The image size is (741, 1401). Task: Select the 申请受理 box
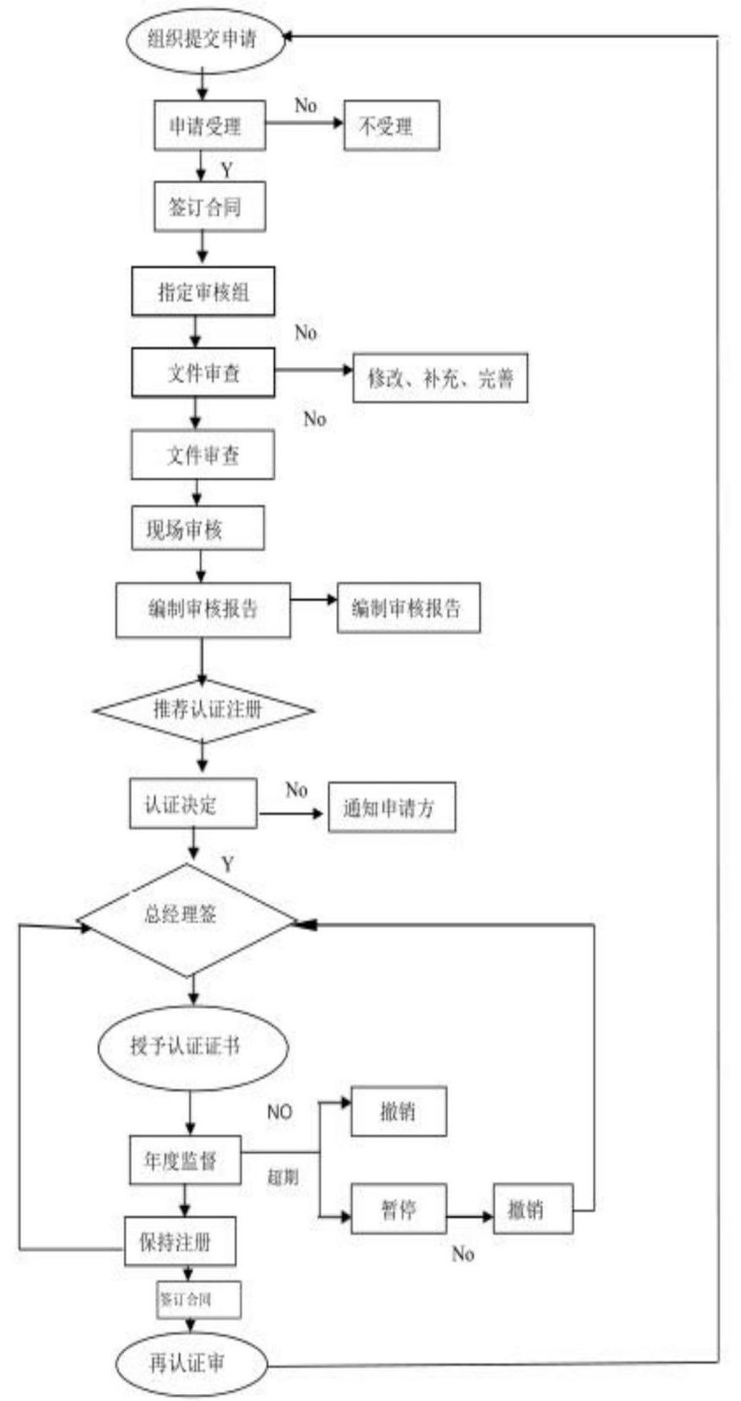pos(209,126)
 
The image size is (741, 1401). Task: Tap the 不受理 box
pos(391,126)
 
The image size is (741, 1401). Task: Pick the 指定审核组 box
pos(203,291)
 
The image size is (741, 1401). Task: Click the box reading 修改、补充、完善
pos(440,377)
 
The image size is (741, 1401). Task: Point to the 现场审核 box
pos(197,528)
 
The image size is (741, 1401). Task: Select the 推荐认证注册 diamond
pos(203,710)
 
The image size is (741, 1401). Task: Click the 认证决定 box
pos(192,804)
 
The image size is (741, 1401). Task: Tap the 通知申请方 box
pos(391,807)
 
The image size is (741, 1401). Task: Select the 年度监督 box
pos(184,1160)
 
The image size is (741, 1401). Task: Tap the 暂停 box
pos(398,1208)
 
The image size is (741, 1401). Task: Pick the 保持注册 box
pos(180,1241)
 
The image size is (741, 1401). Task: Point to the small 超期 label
pos(282,1176)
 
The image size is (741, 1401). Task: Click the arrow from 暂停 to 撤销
pos(470,1216)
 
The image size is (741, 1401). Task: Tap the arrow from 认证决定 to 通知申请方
pos(292,813)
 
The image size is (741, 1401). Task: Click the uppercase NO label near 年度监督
pos(279,1111)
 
